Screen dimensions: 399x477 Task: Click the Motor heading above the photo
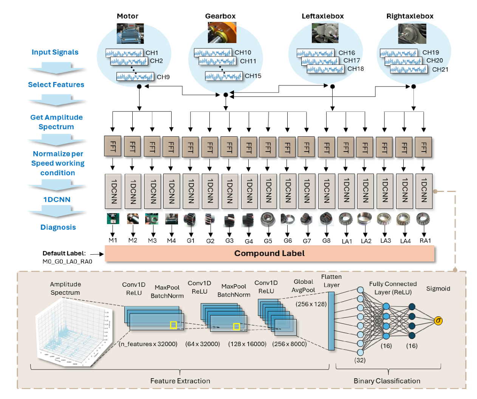127,16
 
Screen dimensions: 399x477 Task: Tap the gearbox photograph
222,32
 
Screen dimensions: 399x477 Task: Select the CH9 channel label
163,77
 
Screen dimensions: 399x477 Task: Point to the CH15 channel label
253,76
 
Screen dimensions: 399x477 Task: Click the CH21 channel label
440,70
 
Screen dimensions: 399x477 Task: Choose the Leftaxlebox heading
322,16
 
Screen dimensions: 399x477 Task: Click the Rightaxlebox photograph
412,34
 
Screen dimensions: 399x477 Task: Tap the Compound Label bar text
269,253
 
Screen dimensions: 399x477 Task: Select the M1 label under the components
113,240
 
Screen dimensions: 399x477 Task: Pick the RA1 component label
425,241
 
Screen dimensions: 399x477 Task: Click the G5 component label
268,241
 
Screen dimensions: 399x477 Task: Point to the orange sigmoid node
438,321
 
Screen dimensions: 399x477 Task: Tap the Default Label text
64,253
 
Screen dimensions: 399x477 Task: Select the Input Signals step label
55,52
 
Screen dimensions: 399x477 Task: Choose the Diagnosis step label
58,227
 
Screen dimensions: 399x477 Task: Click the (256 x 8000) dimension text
289,344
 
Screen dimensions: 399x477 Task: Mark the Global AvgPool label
303,286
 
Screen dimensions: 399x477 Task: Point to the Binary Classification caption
387,381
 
